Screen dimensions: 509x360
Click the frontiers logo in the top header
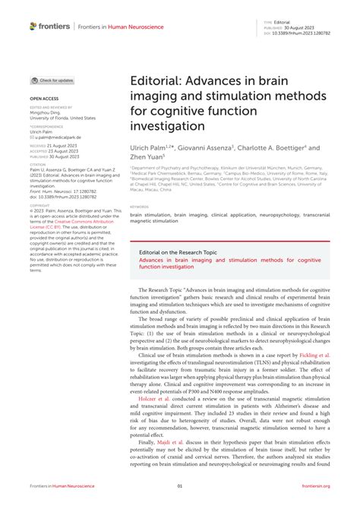click(50, 26)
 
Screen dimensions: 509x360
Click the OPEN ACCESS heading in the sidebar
click(45, 99)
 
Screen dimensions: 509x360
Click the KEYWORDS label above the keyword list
click(139, 206)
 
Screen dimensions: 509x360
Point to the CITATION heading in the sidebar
click(39, 163)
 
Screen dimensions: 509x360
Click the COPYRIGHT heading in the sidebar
click(40, 204)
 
